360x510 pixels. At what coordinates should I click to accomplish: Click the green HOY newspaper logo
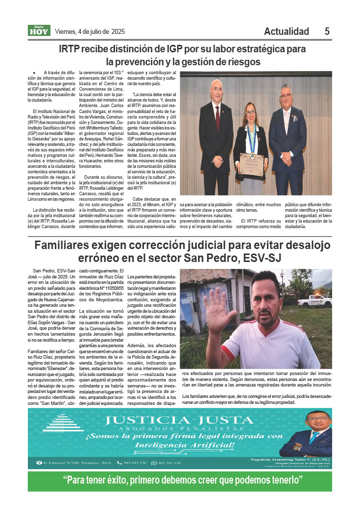coord(39,30)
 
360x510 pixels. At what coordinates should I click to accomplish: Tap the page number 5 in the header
coord(327,31)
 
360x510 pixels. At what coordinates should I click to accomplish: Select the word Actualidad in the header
coord(286,31)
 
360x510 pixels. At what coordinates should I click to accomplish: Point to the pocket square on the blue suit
coord(294,119)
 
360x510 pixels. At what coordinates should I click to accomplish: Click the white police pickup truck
coord(314,300)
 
